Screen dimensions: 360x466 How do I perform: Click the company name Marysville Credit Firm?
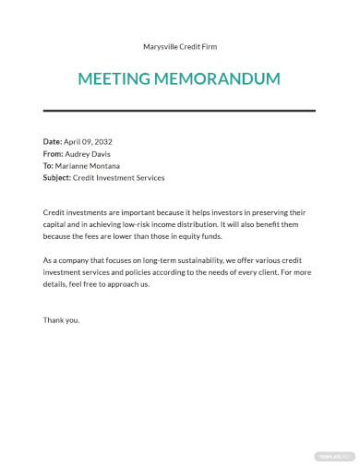point(180,46)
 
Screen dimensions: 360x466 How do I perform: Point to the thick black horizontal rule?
point(179,112)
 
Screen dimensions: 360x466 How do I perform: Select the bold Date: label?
point(53,142)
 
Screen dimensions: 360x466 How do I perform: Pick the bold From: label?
point(54,154)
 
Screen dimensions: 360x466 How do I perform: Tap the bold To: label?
point(49,166)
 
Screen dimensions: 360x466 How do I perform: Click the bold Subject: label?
point(57,178)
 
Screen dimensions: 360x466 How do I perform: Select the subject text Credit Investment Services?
point(119,178)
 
